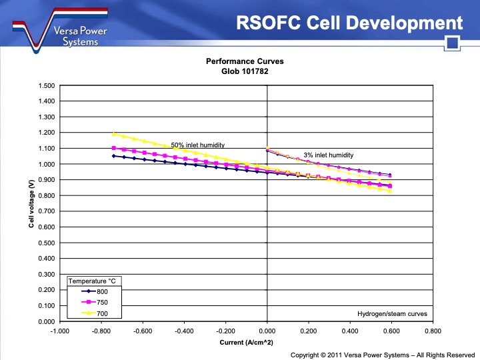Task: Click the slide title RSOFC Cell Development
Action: point(349,23)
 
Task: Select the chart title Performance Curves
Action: point(245,61)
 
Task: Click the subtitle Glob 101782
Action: point(245,71)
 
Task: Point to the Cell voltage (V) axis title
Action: point(31,203)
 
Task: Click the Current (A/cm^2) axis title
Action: point(246,343)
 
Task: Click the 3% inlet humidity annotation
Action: point(328,155)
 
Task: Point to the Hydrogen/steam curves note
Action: point(392,313)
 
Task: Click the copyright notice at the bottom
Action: point(383,355)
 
